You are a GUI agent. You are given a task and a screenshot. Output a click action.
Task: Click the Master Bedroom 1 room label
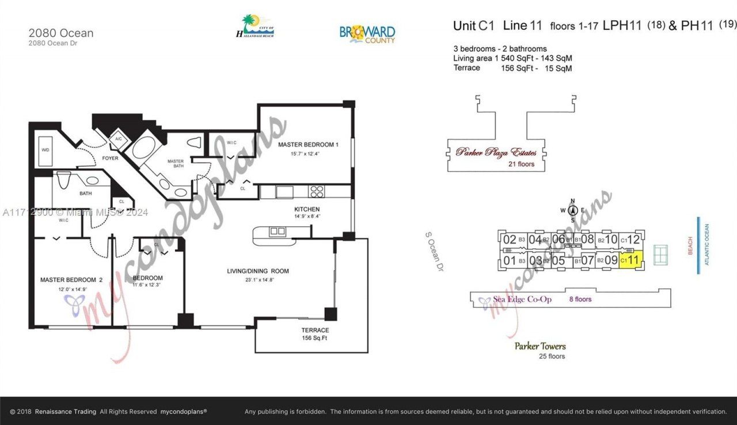tap(307, 145)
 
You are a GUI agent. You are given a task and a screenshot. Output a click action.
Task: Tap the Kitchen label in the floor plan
tap(306, 209)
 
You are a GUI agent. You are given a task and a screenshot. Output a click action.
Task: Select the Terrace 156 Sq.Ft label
tap(315, 334)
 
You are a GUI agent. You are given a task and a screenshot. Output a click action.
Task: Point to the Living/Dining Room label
tap(258, 271)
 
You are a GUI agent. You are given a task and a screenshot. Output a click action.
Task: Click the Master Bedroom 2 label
tap(71, 280)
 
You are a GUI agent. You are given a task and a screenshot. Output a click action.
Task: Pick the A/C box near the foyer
tap(118, 139)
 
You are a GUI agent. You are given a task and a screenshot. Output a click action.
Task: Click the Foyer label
tap(110, 158)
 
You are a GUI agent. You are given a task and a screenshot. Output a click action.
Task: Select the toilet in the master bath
tap(194, 142)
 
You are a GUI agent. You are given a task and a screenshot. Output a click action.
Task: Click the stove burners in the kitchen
tap(316, 191)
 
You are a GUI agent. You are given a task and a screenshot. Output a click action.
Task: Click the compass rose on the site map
tap(572, 210)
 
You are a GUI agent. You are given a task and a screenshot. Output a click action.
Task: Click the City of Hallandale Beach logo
tap(255, 26)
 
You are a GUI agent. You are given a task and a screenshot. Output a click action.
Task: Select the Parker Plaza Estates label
tap(496, 153)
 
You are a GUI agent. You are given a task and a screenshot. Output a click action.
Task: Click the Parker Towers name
tap(540, 346)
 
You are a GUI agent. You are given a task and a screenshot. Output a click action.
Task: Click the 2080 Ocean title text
tap(60, 33)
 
